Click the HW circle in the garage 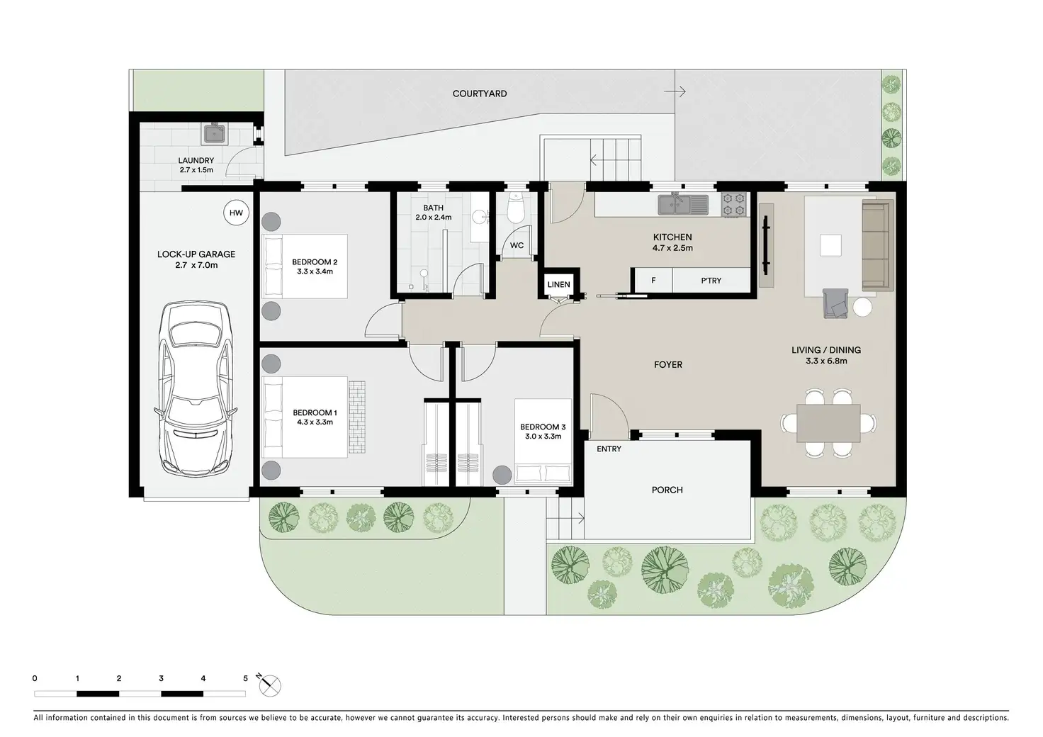[236, 213]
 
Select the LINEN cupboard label [558, 284]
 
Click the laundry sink [215, 133]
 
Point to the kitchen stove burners [733, 205]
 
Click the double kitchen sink [683, 205]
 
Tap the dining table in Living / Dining [828, 423]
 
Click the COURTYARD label [480, 94]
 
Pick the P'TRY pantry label [711, 281]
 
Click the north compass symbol [269, 685]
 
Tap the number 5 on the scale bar [245, 678]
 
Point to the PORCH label [667, 490]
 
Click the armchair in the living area [835, 303]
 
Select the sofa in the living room [878, 245]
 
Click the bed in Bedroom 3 [543, 440]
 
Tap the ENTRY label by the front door [609, 449]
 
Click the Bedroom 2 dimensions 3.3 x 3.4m [315, 271]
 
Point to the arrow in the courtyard [675, 91]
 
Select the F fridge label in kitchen [653, 281]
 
